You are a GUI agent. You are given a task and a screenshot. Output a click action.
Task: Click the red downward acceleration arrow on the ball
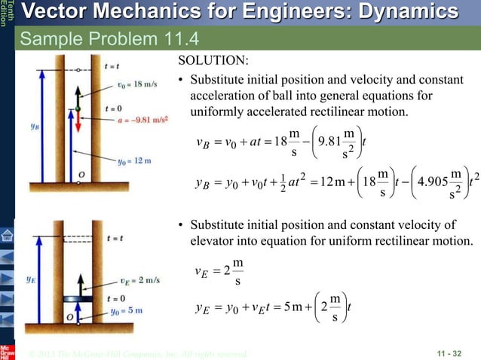(78, 127)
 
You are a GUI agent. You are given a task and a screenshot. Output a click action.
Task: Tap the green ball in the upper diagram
(78, 110)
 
